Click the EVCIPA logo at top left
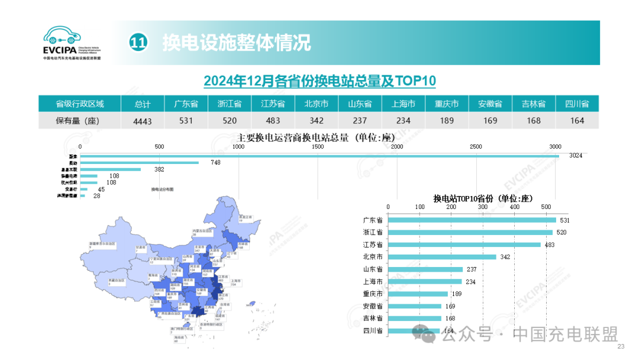[72, 43]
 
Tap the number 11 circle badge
[138, 43]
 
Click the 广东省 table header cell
[186, 104]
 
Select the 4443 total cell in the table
[143, 120]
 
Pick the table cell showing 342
[316, 120]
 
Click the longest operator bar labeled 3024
[319, 156]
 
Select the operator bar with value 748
[140, 163]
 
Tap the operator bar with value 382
[111, 169]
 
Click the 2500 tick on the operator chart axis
[476, 146]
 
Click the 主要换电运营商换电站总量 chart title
[312, 138]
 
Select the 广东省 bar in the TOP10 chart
[472, 220]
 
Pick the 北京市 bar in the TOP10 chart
[442, 257]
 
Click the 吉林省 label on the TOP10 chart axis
[373, 319]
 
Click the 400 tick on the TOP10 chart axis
[514, 207]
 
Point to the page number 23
[621, 347]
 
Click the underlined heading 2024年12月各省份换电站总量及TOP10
[319, 81]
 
